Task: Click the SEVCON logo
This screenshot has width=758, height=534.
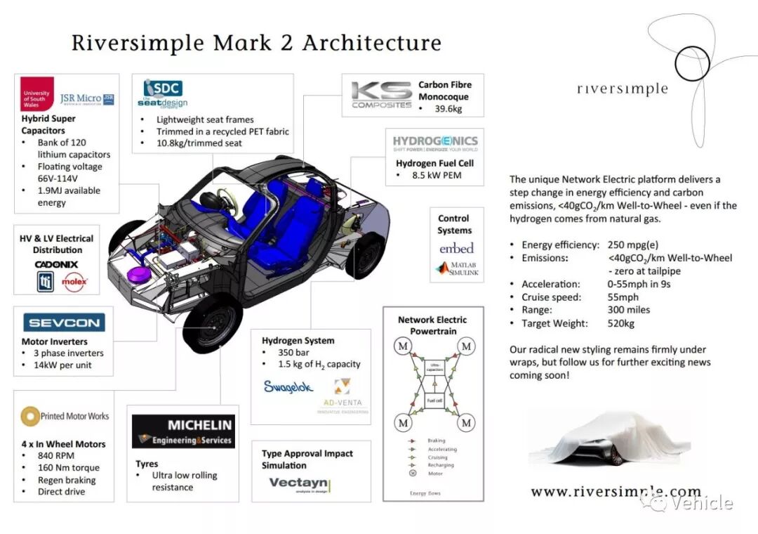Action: click(x=64, y=323)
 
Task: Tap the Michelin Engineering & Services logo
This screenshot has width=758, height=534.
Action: click(x=183, y=431)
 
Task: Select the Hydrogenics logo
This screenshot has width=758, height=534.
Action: click(x=434, y=144)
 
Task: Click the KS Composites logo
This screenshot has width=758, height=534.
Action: click(x=381, y=95)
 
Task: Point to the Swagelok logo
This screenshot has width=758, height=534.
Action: click(x=288, y=386)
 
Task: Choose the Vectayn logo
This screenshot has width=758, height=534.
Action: click(x=299, y=484)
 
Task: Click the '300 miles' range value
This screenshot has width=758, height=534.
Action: click(x=629, y=310)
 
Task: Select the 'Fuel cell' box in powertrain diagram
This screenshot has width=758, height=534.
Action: click(x=434, y=400)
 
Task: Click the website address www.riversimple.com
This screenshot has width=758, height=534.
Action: click(x=616, y=491)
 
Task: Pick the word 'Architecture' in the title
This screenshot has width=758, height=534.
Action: click(x=371, y=43)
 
